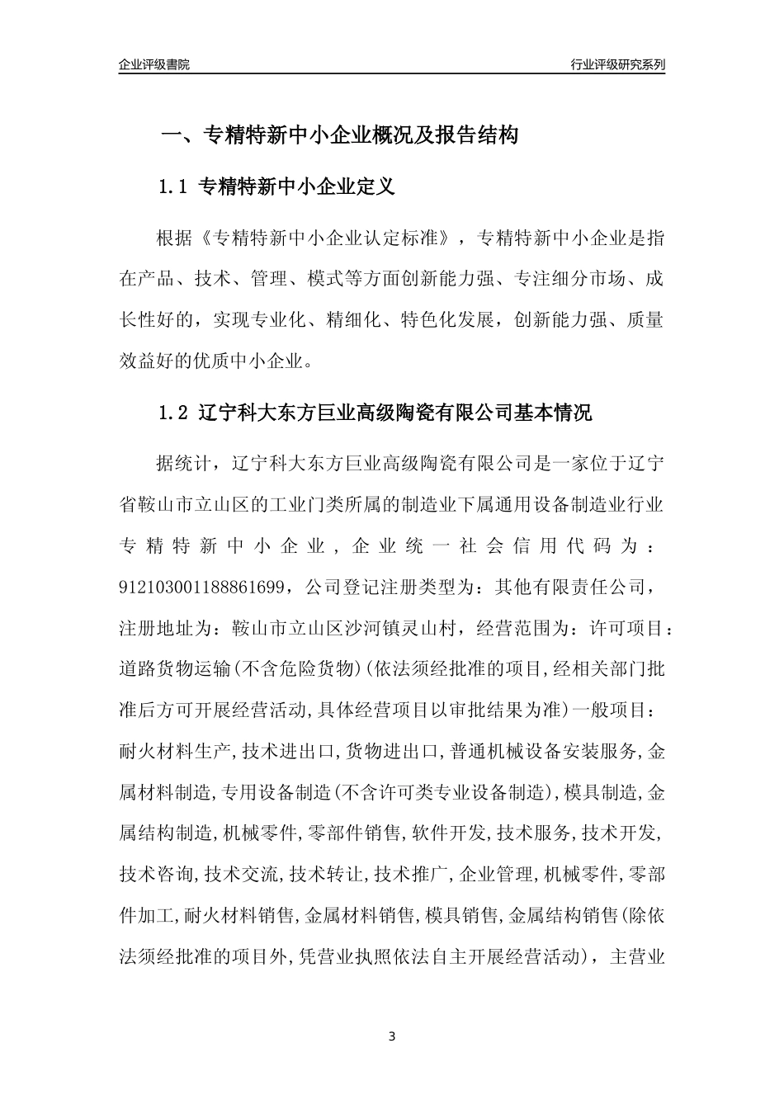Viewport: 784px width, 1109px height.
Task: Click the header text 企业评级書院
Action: [x=154, y=64]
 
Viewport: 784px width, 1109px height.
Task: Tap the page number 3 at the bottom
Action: [x=392, y=1036]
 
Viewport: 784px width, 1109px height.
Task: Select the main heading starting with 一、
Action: [x=339, y=135]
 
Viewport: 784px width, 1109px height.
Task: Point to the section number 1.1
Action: [x=174, y=187]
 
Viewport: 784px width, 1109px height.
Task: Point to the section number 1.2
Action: [x=174, y=413]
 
